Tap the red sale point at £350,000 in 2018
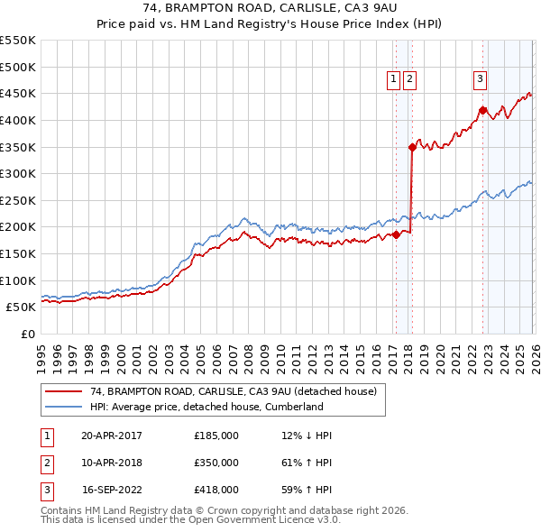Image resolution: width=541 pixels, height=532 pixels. coord(412,147)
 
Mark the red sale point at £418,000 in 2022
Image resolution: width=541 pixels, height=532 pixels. coord(482,110)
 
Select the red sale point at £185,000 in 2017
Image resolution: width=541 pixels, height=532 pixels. coord(396,234)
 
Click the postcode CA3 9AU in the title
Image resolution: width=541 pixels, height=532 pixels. coord(365,10)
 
